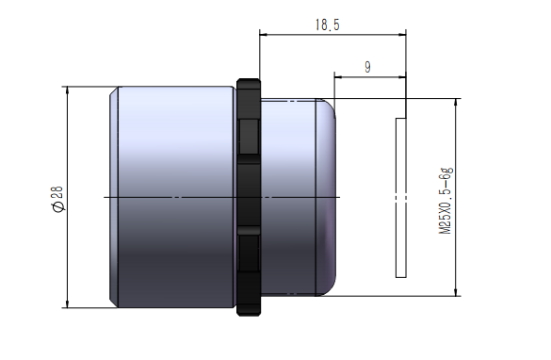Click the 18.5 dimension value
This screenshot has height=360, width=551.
point(327,25)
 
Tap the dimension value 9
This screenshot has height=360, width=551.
point(367,67)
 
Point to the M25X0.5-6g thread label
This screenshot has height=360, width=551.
point(446,201)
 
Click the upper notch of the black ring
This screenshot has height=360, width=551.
point(250,137)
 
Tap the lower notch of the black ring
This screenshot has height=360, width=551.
point(250,253)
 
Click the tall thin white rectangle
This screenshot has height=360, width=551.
point(401,198)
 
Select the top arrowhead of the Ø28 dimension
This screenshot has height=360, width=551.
point(67,90)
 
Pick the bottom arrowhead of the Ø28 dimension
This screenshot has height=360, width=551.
point(67,303)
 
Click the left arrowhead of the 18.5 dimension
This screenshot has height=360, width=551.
point(264,35)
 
